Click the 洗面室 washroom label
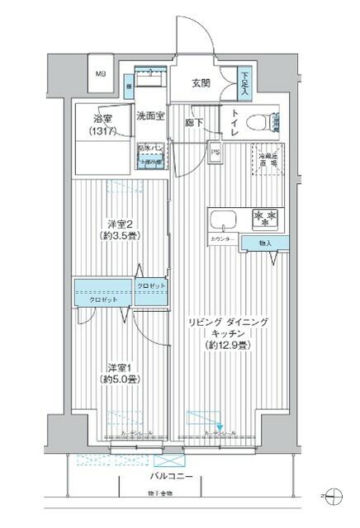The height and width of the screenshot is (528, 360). (x=151, y=115)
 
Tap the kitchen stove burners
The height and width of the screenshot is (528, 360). (x=265, y=218)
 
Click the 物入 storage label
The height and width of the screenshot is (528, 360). (x=264, y=243)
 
